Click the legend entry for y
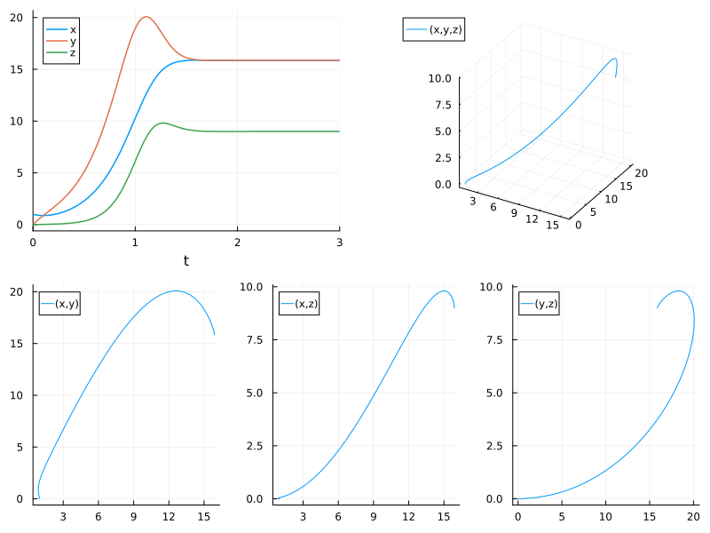[73, 42]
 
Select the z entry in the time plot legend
[73, 54]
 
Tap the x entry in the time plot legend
[73, 29]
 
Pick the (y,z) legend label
[545, 305]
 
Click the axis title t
[186, 260]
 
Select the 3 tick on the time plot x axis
[339, 242]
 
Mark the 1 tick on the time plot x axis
[135, 242]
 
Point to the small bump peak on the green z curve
[162, 123]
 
